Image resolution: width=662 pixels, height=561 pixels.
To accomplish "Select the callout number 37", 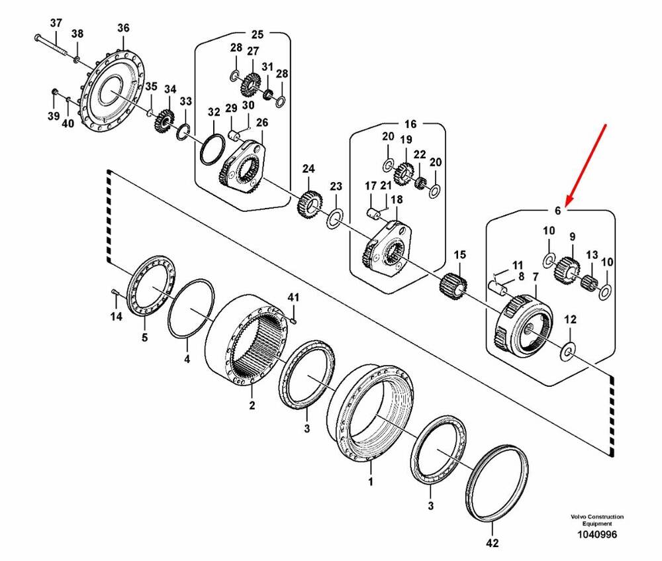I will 56,25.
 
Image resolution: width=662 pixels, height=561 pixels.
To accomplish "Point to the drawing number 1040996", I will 596,535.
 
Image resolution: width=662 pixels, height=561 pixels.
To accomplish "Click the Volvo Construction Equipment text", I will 596,520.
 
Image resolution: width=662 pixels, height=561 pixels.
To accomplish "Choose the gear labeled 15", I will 454,285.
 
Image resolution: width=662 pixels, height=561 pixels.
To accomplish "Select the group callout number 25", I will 257,34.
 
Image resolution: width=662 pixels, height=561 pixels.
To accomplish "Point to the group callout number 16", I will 410,124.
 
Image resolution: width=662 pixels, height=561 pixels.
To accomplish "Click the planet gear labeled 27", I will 252,82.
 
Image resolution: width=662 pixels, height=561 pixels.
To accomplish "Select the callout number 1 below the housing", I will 371,482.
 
